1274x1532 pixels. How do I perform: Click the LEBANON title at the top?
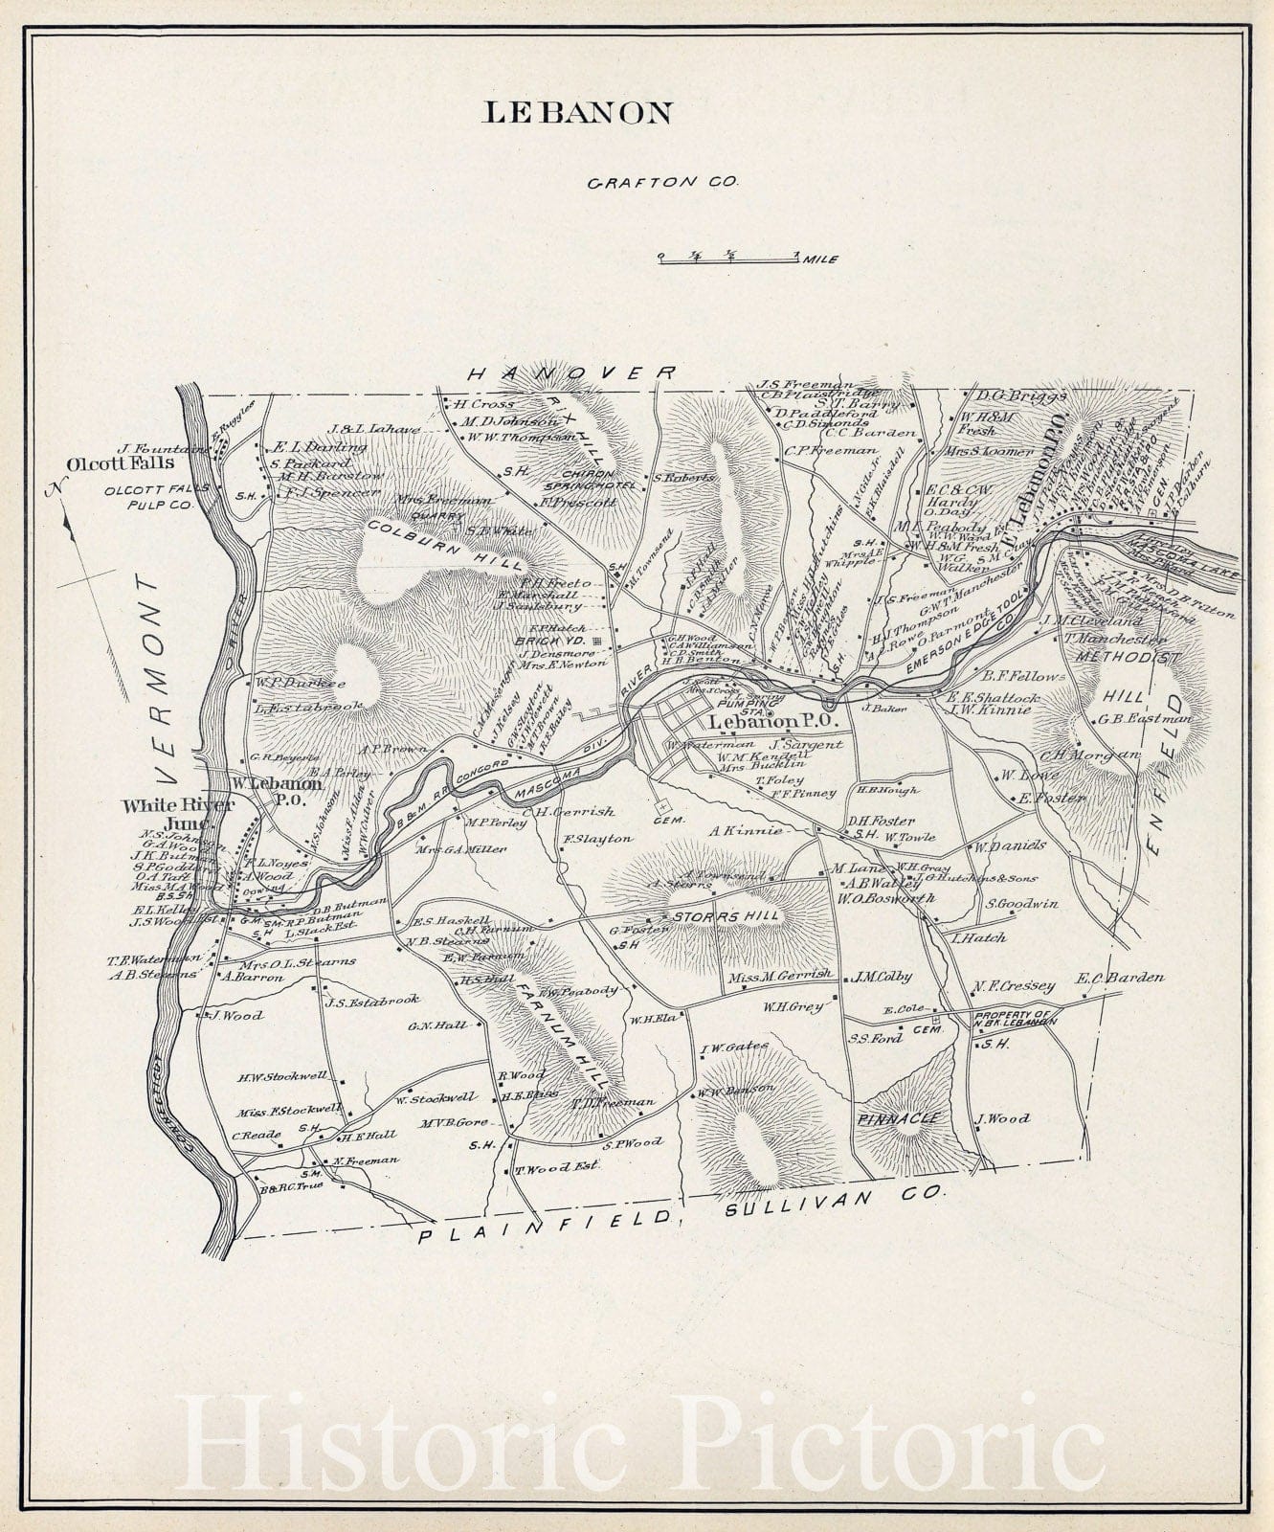pos(577,113)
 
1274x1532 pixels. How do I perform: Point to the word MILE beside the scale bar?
pos(822,259)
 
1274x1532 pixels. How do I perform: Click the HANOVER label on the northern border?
pos(571,373)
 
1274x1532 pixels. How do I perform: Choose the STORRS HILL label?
pos(726,916)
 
